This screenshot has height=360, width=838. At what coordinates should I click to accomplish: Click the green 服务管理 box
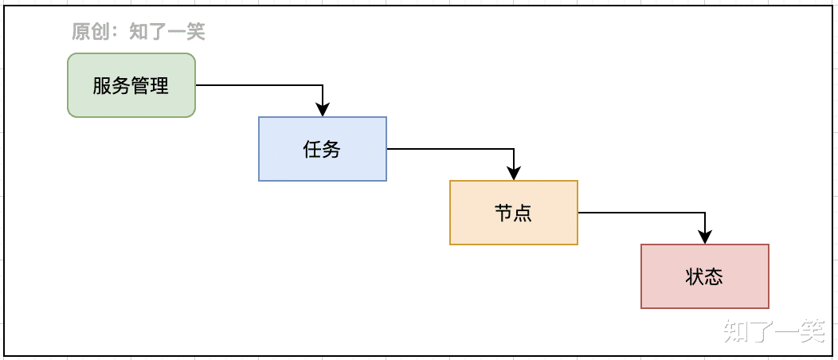pyautogui.click(x=131, y=85)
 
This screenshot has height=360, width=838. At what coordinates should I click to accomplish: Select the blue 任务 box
pyautogui.click(x=323, y=149)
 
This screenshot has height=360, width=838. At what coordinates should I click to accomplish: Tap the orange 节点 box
pyautogui.click(x=514, y=213)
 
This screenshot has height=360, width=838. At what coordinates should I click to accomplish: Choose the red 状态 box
pyautogui.click(x=705, y=276)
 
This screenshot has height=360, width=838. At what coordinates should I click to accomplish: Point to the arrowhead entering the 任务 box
pyautogui.click(x=323, y=111)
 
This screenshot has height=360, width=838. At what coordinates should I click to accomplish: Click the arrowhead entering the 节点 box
pyautogui.click(x=514, y=174)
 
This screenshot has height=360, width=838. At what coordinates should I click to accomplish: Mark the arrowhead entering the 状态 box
pyautogui.click(x=705, y=238)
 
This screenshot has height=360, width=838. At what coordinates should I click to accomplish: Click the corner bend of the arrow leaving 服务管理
pyautogui.click(x=323, y=85)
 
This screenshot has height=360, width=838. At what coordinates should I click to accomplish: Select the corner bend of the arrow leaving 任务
pyautogui.click(x=514, y=149)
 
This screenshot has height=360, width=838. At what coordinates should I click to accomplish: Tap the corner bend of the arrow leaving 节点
pyautogui.click(x=705, y=213)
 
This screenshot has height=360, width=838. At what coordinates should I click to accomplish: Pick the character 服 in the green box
pyautogui.click(x=102, y=86)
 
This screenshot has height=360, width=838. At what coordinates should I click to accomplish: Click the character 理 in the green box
pyautogui.click(x=160, y=86)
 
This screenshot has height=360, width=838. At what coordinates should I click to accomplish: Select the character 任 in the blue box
pyautogui.click(x=313, y=150)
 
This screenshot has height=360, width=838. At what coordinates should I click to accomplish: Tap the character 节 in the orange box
pyautogui.click(x=504, y=213)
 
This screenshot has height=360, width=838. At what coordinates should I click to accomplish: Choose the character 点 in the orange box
pyautogui.click(x=523, y=213)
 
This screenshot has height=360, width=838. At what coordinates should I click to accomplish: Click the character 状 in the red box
pyautogui.click(x=695, y=277)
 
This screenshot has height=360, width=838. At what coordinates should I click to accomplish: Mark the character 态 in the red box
pyautogui.click(x=715, y=277)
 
